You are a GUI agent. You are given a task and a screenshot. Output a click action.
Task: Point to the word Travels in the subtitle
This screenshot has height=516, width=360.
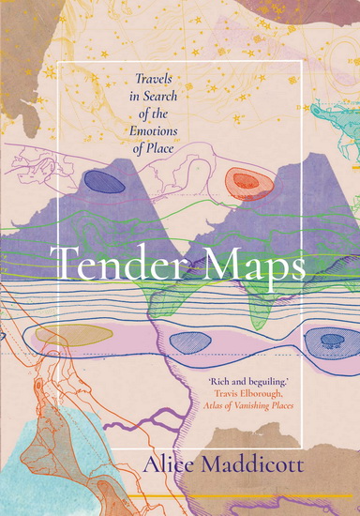click(x=133, y=84)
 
